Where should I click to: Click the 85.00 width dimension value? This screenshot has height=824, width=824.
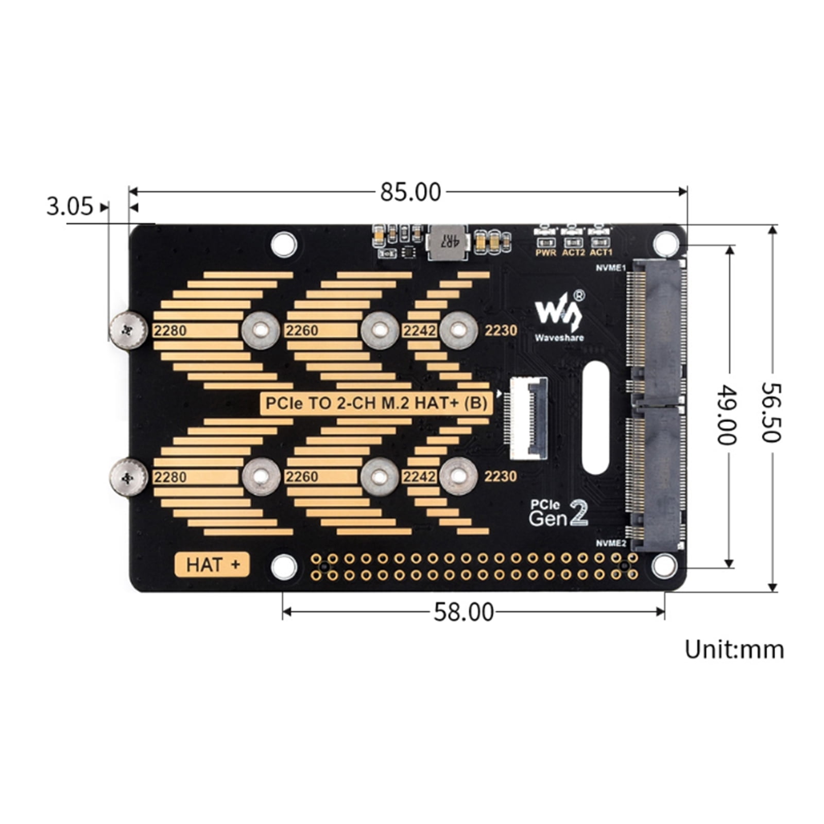[x=410, y=193]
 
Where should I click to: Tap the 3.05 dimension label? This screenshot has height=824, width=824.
[x=70, y=207]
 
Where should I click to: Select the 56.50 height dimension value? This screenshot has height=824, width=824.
[x=771, y=412]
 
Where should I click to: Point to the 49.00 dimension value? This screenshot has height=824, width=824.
[x=727, y=415]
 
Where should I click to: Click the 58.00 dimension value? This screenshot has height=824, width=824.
[x=463, y=612]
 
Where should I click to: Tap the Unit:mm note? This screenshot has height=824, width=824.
[x=734, y=649]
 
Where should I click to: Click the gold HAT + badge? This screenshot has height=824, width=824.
[x=212, y=565]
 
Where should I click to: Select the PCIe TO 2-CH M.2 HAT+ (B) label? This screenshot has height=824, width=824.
[x=376, y=403]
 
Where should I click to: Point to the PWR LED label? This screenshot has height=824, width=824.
[x=545, y=253]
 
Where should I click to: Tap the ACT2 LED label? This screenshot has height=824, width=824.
[x=573, y=253]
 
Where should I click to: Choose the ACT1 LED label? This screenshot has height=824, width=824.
[x=601, y=253]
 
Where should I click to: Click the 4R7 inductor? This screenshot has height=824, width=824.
[x=447, y=241]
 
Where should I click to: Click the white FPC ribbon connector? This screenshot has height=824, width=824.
[x=529, y=418]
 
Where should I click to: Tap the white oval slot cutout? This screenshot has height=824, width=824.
[x=596, y=418]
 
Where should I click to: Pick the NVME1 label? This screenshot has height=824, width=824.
[x=611, y=268]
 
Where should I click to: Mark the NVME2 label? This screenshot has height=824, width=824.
[x=611, y=543]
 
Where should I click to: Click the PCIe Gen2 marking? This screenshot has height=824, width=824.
[x=559, y=513]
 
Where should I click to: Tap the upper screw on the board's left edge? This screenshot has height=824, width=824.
[x=128, y=330]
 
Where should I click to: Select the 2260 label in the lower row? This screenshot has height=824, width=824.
[x=302, y=477]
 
